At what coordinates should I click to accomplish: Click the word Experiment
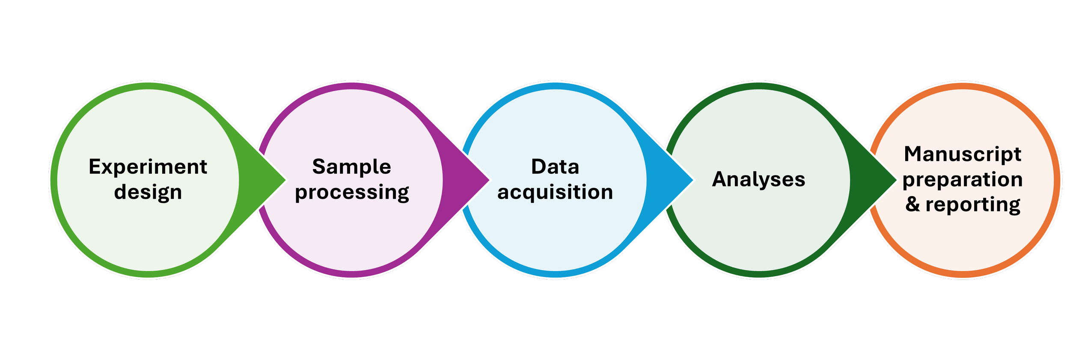point(148,167)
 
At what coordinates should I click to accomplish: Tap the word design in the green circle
point(148,192)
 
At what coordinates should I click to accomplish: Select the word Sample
point(351,167)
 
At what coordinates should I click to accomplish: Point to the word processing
point(352,192)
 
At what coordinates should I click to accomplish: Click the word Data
point(555,167)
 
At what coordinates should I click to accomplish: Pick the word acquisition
point(555,192)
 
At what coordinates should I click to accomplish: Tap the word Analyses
point(758,179)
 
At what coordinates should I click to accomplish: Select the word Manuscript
point(963,154)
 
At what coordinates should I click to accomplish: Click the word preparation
point(963,179)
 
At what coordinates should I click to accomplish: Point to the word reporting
point(973,205)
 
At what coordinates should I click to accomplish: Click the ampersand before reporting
point(912,204)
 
